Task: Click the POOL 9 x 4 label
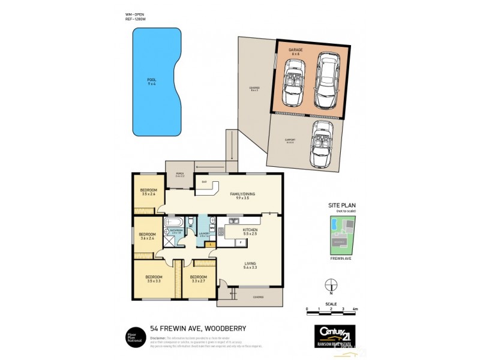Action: click(x=151, y=81)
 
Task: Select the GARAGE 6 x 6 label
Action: click(x=295, y=52)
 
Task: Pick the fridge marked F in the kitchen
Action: click(x=240, y=242)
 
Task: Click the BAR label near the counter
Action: click(x=204, y=182)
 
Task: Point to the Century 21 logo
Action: click(x=335, y=332)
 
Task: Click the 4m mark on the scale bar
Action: click(x=356, y=309)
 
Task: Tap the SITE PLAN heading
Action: click(x=340, y=205)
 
